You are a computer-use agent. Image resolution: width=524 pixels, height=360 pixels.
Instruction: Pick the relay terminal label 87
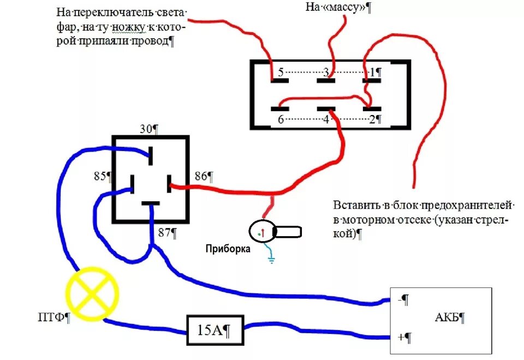coord(165,233)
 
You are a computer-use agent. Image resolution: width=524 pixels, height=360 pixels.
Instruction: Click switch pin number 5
coord(280,72)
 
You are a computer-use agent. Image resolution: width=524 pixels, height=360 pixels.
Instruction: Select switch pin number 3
coord(326,72)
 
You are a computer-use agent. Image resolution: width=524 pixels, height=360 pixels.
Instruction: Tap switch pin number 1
coord(373,72)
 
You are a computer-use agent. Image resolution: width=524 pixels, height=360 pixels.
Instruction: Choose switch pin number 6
coord(280,119)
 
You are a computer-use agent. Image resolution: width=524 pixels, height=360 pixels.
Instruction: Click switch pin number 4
coord(326,119)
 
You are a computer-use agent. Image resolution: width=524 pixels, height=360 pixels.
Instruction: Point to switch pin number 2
coord(372,119)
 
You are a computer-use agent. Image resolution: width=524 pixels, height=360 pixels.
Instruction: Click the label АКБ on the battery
coord(450,317)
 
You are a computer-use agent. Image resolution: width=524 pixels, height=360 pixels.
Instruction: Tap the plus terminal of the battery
coord(401,337)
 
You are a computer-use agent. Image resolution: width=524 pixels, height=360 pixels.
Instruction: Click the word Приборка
coord(228,249)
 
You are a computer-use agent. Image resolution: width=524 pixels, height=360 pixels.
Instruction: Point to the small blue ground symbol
coord(271,258)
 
